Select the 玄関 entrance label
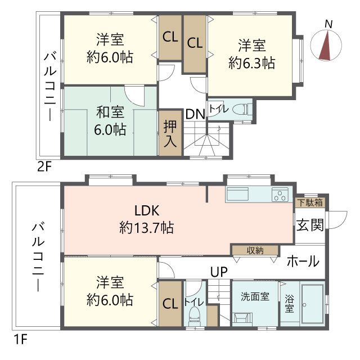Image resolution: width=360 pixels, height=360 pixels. pos(310,226)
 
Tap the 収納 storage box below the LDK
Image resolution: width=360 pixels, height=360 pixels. pos(255,250)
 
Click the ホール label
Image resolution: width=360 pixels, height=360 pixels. pos(303,262)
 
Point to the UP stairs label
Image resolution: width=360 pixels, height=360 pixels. pos(218,272)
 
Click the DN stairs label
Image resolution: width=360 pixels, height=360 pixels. pos(195,114)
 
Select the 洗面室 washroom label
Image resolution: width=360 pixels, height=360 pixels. pos(255,296)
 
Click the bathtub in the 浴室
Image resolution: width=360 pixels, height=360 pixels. pos(313,304)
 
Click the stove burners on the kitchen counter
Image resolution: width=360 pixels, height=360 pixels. pos(280,195)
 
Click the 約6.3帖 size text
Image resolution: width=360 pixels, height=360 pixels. pos(251,64)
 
